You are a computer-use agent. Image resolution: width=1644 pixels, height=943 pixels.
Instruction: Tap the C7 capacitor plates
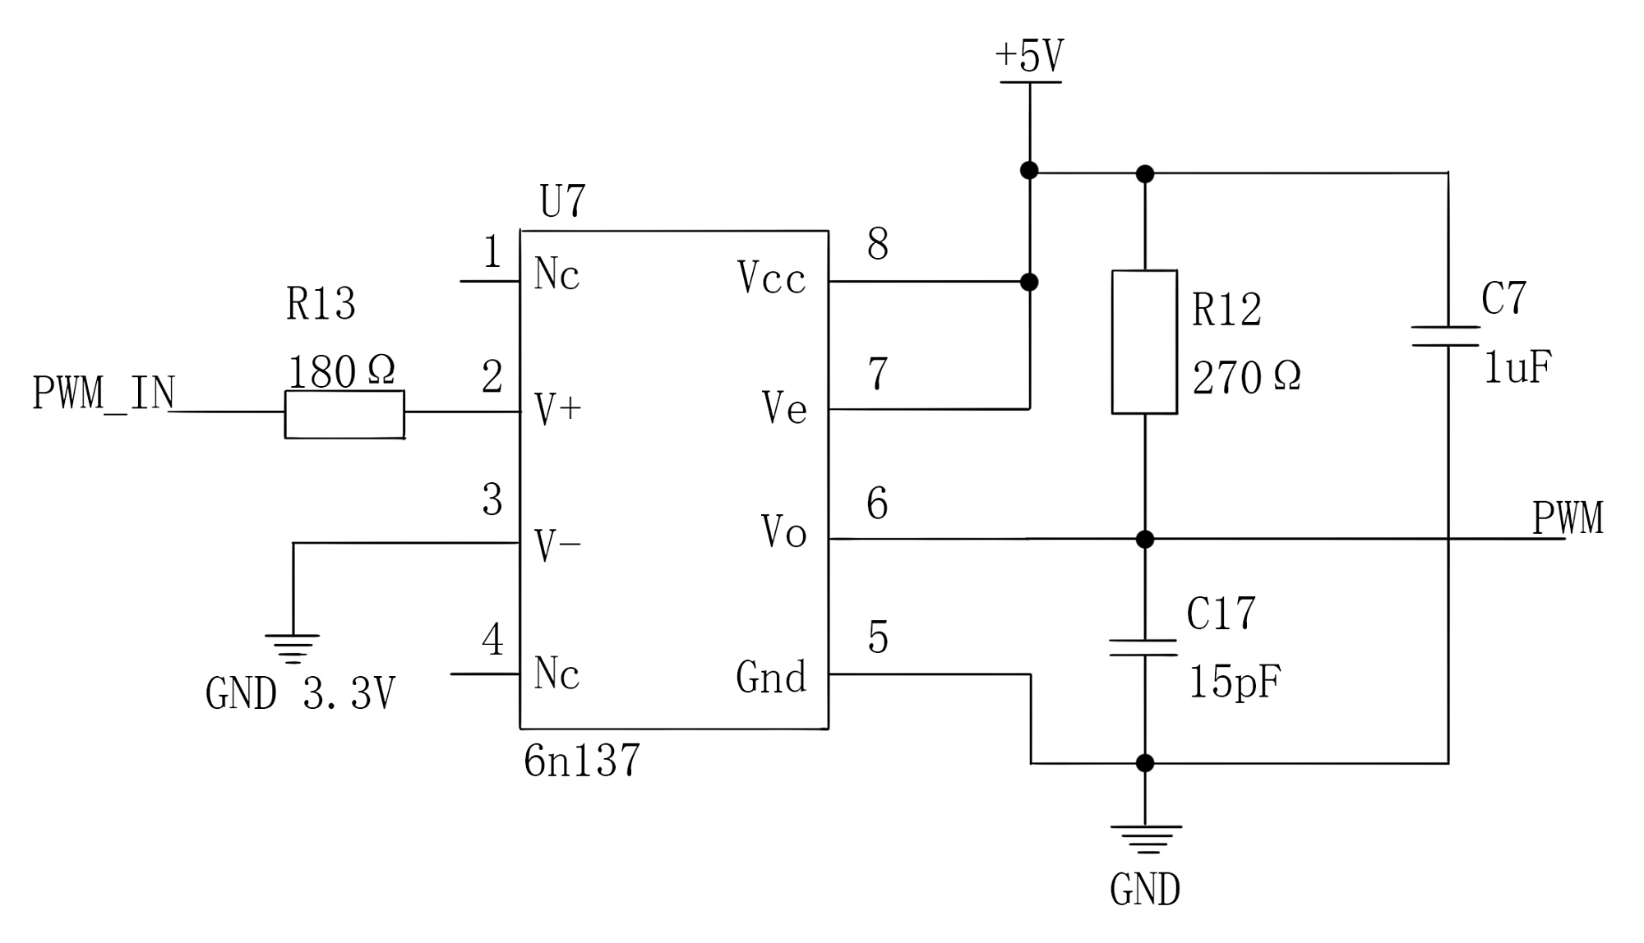(1447, 336)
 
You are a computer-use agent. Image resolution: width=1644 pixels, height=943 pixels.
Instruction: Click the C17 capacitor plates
(1143, 647)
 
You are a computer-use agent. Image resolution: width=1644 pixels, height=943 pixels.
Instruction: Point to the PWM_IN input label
(104, 393)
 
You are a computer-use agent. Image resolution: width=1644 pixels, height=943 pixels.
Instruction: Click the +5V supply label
(1030, 56)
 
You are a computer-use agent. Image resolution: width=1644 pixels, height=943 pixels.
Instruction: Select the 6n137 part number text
(581, 760)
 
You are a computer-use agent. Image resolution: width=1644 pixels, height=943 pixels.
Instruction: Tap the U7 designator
(563, 201)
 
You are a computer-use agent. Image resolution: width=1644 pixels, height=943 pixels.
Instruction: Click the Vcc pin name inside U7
(771, 278)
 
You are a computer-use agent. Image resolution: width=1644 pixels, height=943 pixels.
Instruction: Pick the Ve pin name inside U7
(784, 407)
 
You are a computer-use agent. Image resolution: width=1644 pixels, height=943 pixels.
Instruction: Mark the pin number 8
(878, 244)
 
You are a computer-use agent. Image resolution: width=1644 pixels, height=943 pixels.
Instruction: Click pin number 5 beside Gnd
(878, 637)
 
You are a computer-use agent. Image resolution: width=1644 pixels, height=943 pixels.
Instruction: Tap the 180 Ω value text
(341, 371)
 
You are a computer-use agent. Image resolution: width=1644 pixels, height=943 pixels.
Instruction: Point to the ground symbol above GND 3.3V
(292, 648)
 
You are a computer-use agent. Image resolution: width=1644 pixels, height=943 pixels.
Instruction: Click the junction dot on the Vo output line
(1144, 539)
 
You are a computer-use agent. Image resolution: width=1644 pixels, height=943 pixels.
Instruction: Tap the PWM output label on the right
(1568, 518)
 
